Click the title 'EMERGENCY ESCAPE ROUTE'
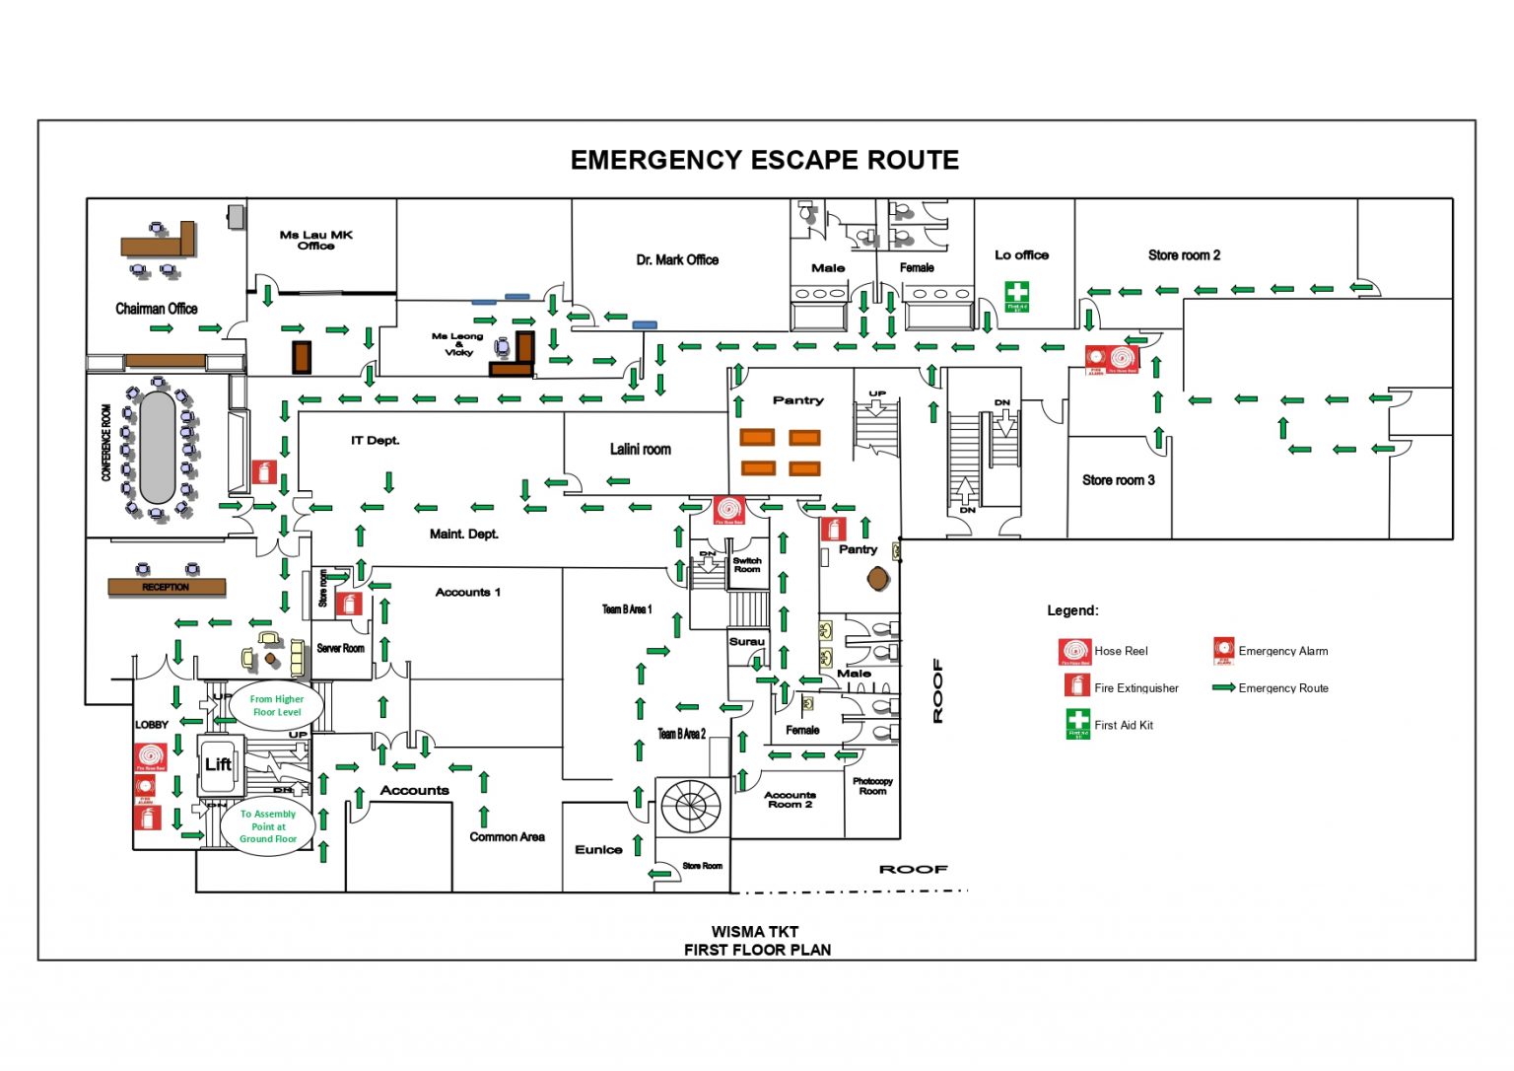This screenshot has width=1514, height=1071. [x=764, y=160]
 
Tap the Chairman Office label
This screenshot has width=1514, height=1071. [x=156, y=309]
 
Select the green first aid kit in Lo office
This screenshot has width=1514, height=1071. [x=1016, y=295]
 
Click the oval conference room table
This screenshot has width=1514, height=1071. [x=158, y=447]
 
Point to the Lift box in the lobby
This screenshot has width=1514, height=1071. [x=219, y=765]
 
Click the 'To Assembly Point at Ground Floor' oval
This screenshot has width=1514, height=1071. [x=267, y=826]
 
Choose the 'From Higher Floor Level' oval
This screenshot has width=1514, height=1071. [x=276, y=705]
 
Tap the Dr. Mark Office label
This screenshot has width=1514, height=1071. [x=677, y=260]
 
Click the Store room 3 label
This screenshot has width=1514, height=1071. [x=1118, y=480]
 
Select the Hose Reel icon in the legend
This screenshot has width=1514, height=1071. [x=1074, y=652]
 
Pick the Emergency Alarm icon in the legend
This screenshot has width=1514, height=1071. [x=1223, y=651]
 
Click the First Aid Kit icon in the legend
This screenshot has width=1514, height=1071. [x=1077, y=723]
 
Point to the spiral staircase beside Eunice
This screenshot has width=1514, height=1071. [x=690, y=806]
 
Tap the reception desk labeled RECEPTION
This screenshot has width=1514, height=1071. [x=166, y=587]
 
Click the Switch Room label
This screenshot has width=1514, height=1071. [x=746, y=565]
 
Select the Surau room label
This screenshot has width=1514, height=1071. [x=746, y=641]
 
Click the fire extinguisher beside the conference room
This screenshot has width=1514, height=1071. [x=263, y=471]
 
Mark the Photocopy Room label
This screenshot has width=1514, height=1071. [x=872, y=786]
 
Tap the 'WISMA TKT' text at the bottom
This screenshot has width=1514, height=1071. [x=755, y=931]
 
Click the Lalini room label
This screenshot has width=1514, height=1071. [x=640, y=450]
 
